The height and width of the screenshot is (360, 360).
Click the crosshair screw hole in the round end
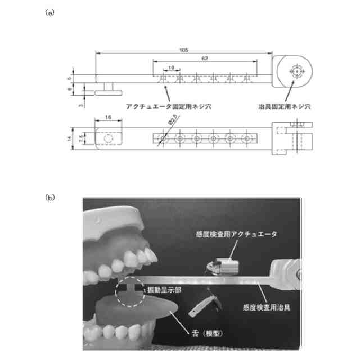[x=296, y=71]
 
